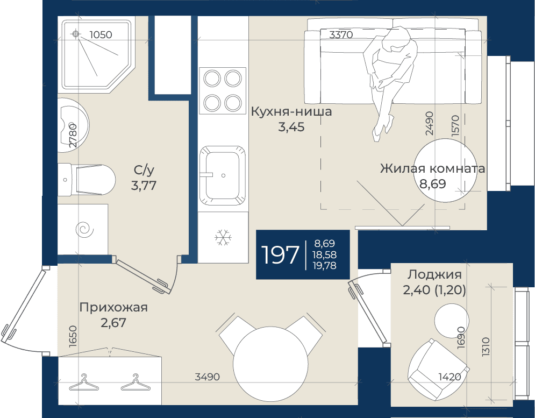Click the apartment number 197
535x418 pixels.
[x=280, y=255]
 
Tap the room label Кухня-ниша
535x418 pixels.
[x=291, y=112]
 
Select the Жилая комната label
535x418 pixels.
[x=433, y=168]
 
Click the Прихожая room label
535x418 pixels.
[x=113, y=307]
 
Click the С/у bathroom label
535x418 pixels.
[x=144, y=169]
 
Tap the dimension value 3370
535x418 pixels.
[x=341, y=34]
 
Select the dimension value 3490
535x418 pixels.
[x=208, y=377]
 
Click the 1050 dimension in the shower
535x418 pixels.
[x=101, y=34]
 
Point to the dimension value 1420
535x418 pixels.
[x=450, y=377]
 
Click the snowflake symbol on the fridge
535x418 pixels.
[x=223, y=237]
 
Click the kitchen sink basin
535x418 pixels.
[x=223, y=175]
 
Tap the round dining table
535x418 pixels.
[x=270, y=364]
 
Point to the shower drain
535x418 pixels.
[x=76, y=34]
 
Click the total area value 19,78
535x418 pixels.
[x=325, y=265]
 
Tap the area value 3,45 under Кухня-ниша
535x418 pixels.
[x=291, y=127]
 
